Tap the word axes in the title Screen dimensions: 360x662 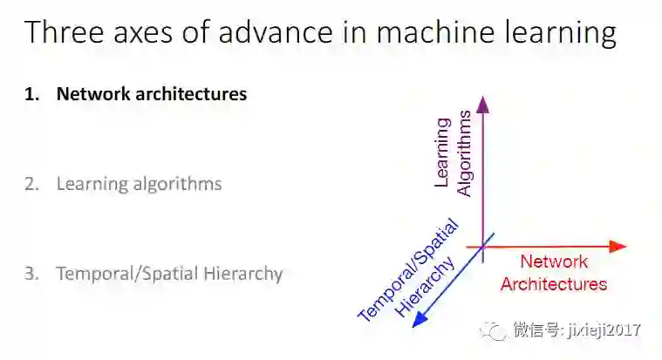click(x=138, y=35)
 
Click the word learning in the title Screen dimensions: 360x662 click(x=536, y=35)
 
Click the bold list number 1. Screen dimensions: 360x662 click(x=32, y=94)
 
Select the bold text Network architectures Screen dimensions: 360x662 click(x=152, y=94)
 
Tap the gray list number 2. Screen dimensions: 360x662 click(x=32, y=184)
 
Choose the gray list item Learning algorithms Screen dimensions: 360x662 click(x=140, y=185)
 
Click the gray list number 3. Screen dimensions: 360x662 click(x=32, y=274)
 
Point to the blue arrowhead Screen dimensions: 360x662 click(x=420, y=320)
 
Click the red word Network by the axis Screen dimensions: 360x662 click(x=554, y=262)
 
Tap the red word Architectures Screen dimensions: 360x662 click(x=554, y=283)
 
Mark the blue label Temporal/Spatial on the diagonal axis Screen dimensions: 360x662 click(x=408, y=272)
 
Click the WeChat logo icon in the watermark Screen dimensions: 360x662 click(x=495, y=330)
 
